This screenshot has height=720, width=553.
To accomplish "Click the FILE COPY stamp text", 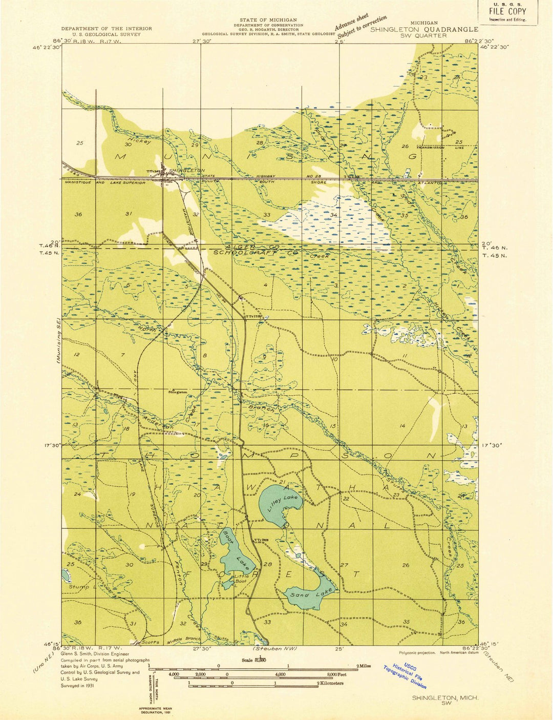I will tap(507, 11).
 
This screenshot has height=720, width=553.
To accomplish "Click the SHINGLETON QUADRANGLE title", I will tap(424, 29).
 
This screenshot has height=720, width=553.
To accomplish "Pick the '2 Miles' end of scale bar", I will tap(364, 666).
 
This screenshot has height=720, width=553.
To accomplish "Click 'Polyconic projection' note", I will tap(417, 652).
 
